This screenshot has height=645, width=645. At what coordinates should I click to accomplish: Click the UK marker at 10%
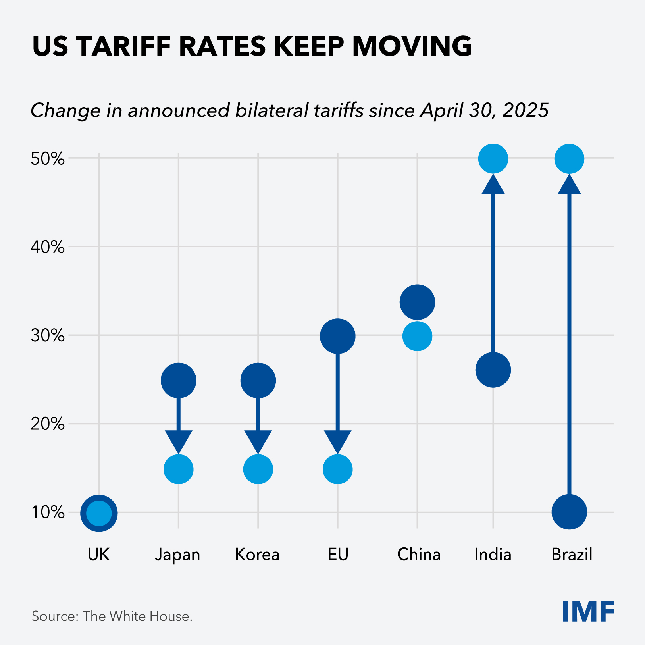(x=99, y=513)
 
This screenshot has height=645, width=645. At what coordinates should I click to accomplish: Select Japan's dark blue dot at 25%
(x=179, y=380)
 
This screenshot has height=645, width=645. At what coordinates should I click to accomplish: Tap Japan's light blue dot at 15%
(x=179, y=469)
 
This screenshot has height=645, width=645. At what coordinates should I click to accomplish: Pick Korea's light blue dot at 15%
(x=258, y=469)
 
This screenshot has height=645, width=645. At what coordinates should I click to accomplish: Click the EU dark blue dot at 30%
(x=338, y=336)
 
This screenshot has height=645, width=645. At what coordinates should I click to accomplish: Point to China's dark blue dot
(x=417, y=302)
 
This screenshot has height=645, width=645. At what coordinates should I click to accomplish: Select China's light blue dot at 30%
(x=417, y=336)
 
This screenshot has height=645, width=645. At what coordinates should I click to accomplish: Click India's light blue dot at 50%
(x=493, y=159)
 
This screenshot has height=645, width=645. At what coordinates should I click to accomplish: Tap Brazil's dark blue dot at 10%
(x=569, y=512)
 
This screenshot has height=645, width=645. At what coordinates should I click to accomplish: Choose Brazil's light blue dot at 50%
(x=569, y=159)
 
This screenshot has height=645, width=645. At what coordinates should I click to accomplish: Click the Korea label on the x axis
(x=257, y=555)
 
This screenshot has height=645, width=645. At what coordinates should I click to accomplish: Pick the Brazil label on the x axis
(x=572, y=555)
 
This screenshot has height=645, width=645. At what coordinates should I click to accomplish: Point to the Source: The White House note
(x=112, y=616)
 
